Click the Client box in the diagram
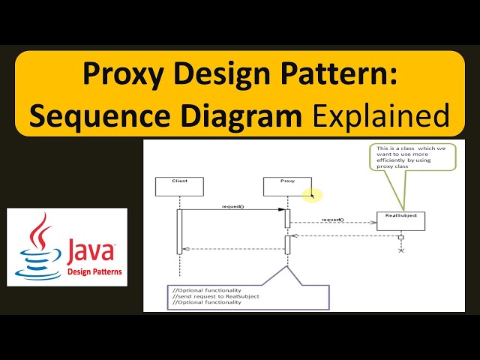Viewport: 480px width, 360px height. point(179,187)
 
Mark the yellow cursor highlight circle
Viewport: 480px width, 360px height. point(313,196)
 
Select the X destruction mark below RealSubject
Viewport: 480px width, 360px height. point(401,250)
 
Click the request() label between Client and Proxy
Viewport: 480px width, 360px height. point(232,205)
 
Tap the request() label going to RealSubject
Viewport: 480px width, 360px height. point(331,219)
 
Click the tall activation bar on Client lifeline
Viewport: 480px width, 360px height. point(180,231)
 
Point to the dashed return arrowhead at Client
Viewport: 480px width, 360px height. point(187,249)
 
